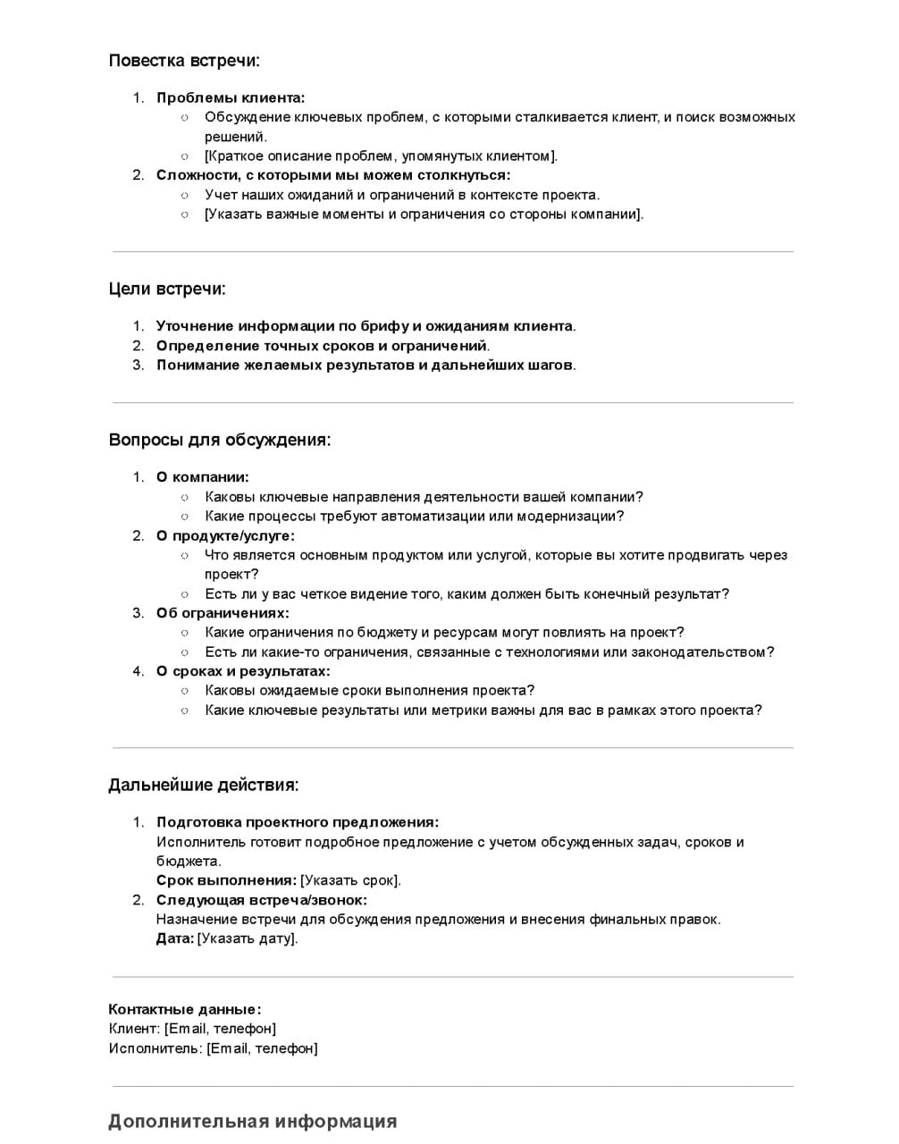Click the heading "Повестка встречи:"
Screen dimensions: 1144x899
[184, 61]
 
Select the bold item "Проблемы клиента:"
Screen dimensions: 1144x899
[231, 98]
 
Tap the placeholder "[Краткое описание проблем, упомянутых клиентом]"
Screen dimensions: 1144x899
[381, 156]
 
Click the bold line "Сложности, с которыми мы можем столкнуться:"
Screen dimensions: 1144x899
[333, 175]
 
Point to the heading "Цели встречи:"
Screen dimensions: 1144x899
[167, 289]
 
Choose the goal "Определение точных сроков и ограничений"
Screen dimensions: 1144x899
[322, 346]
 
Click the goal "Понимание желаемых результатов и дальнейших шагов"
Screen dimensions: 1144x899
[365, 365]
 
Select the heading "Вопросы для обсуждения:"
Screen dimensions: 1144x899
[220, 440]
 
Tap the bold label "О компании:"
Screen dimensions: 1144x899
[203, 477]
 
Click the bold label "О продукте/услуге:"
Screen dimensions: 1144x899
[225, 536]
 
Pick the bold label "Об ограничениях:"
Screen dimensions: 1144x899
[223, 613]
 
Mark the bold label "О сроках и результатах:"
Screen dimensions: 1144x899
[243, 671]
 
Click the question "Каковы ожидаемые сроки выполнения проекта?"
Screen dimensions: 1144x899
[370, 691]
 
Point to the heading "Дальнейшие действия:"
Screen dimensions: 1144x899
[204, 785]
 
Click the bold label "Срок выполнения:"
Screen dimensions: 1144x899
[226, 880]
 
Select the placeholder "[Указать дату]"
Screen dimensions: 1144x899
[247, 938]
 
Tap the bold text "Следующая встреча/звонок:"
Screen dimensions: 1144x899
[262, 900]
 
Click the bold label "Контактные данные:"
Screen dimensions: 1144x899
[185, 1009]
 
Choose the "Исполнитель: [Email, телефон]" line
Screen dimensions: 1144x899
[213, 1048]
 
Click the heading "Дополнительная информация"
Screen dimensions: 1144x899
[253, 1122]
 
